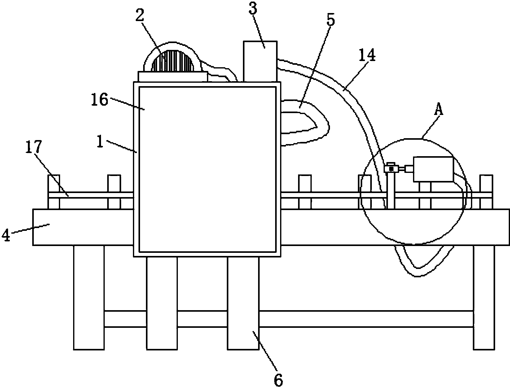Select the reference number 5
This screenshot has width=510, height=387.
coord(331,20)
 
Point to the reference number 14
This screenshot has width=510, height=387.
coord(367,55)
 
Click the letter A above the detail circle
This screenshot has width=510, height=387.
coord(439,110)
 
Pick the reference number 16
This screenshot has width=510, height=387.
coord(99,100)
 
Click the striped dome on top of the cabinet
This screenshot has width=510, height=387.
coord(172,61)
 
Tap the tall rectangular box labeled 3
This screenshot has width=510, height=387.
coord(260,62)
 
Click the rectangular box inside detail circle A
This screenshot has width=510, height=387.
coord(433,169)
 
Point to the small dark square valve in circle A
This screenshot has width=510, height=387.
coord(392,169)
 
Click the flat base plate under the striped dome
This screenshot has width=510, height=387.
coord(172,77)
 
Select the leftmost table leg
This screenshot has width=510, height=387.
coord(89,297)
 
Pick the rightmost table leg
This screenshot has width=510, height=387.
coord(484,297)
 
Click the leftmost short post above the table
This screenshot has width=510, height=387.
coord(54,192)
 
